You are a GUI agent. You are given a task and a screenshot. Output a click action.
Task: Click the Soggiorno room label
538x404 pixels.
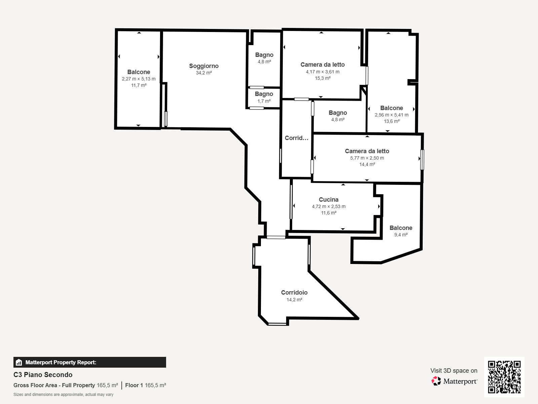point(204,66)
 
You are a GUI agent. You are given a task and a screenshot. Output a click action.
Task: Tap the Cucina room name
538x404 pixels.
point(329,200)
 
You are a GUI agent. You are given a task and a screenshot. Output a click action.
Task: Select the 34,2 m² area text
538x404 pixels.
point(204,73)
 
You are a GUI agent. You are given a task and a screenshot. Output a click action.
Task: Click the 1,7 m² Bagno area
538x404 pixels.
point(264,101)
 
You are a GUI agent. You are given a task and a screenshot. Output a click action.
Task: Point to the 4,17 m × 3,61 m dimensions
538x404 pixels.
point(322,72)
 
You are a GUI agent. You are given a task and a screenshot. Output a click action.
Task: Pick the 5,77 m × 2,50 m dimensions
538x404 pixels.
point(367,158)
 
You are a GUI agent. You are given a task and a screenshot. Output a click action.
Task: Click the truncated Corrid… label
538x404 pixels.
point(296,138)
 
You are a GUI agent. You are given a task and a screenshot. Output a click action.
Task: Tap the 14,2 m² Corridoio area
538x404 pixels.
point(294,300)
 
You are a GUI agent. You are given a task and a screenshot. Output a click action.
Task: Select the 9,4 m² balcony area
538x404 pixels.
point(401,235)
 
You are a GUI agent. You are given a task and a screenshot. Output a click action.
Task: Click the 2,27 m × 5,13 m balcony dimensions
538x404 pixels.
point(139,79)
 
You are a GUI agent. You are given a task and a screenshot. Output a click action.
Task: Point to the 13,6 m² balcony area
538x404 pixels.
point(392,121)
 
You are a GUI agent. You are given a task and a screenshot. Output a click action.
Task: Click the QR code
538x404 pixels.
point(504,377)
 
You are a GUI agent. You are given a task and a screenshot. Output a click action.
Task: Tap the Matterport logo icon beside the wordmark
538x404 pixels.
point(436,381)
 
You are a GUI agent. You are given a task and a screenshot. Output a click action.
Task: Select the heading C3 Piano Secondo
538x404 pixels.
point(43,375)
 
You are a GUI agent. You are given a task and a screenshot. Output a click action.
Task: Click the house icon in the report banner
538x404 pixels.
point(19,362)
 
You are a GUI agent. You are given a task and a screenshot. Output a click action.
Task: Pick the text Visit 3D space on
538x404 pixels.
point(454,371)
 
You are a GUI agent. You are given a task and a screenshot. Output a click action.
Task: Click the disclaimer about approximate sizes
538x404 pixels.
point(63,395)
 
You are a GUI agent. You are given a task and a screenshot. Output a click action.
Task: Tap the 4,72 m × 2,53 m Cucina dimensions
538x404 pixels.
point(329,206)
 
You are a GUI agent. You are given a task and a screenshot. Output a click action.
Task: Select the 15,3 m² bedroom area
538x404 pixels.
point(322,78)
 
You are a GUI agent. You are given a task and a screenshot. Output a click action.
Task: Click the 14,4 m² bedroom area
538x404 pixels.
point(367,164)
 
